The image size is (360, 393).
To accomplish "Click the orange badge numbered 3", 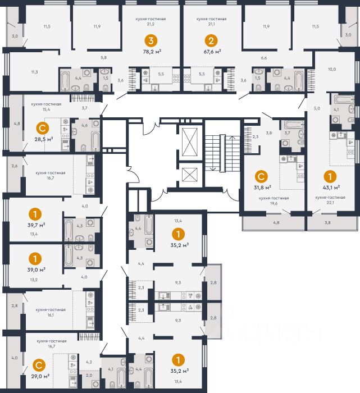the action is coord(151,40).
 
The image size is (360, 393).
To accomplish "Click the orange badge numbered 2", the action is coord(211,40).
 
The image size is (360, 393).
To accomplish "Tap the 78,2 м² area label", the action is coord(152,52).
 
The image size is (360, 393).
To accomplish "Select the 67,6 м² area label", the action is coord(212,52).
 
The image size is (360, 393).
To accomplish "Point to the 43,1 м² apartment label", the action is coord(331,187).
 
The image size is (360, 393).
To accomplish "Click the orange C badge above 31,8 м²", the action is coord(261,176).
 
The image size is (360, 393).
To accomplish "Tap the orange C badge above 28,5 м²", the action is coord(43,129).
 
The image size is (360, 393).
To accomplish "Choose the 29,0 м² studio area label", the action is coord(40,376).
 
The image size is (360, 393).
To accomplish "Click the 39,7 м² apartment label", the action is coord(37,225).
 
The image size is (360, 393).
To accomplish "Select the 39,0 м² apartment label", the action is coord(37,269).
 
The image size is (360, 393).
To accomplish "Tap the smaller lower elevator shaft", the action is coord(190,175).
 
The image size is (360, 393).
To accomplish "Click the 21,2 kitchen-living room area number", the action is coord(151,24).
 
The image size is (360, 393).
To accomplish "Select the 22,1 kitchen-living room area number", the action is coord(330,203).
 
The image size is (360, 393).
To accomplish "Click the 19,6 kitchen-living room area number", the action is coord(274,203).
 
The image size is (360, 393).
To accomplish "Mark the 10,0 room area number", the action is coord(332,70).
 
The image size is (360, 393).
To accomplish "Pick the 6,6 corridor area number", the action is coord(264,58).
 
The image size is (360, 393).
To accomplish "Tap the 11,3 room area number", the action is coord(35,72).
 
